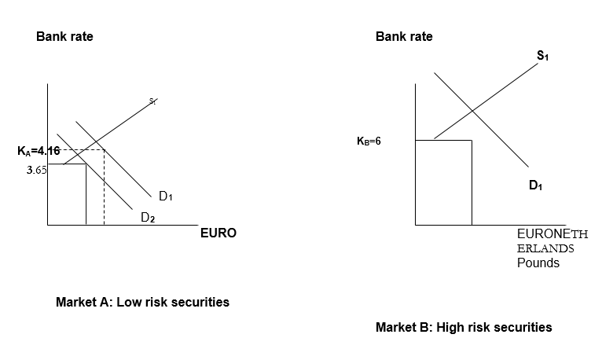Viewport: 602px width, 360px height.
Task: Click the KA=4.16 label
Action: coord(38,150)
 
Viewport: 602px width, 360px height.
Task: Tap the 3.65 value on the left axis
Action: coord(35,169)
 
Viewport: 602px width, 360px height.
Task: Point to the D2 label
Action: coord(148,219)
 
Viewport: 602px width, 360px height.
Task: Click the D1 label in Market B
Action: coord(536,186)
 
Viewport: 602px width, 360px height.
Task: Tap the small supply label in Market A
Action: coord(153,100)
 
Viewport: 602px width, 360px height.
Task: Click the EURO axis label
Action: coord(218,233)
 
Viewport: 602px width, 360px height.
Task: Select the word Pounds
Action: coord(538,263)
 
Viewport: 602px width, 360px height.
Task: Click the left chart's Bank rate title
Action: coord(64,36)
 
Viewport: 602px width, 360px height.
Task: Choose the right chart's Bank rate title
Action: coord(404,36)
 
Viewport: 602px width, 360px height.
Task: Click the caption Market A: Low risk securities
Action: coord(142,302)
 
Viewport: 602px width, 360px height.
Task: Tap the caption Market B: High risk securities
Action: coord(464,327)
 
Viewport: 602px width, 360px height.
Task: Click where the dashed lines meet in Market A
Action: coord(104,150)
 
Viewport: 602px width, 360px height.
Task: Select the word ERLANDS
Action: coord(545,248)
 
